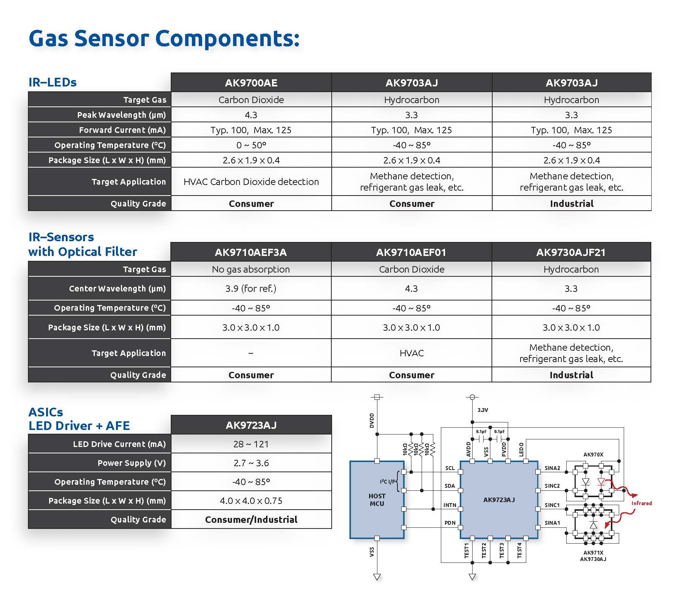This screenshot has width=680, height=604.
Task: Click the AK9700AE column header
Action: click(251, 83)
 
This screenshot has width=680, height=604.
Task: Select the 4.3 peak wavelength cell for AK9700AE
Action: click(251, 115)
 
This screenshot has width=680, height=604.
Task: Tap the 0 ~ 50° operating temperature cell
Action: click(251, 145)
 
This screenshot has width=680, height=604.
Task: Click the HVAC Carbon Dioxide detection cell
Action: click(251, 182)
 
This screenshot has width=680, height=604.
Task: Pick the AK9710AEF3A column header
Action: click(251, 252)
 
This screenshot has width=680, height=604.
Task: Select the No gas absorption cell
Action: click(251, 269)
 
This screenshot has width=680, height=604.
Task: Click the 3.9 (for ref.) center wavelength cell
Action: click(251, 288)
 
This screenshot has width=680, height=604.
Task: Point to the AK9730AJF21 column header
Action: click(571, 252)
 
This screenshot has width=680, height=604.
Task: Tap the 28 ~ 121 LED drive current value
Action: click(251, 444)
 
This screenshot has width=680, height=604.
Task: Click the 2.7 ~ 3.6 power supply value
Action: click(251, 463)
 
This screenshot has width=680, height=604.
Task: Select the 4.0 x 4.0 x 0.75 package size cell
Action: click(251, 501)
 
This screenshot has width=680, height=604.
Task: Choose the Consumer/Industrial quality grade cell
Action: click(251, 519)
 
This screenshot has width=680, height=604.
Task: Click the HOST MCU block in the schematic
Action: click(377, 499)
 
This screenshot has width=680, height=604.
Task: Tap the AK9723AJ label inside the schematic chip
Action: click(499, 500)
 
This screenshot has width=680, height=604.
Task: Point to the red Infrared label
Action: click(641, 503)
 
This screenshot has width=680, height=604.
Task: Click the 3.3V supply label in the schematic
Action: click(482, 410)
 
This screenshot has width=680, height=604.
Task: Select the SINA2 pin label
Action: click(552, 468)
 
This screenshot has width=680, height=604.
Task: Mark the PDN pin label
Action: click(450, 523)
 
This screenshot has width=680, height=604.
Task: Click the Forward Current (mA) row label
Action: click(122, 130)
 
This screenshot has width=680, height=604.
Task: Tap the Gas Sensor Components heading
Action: click(164, 39)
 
